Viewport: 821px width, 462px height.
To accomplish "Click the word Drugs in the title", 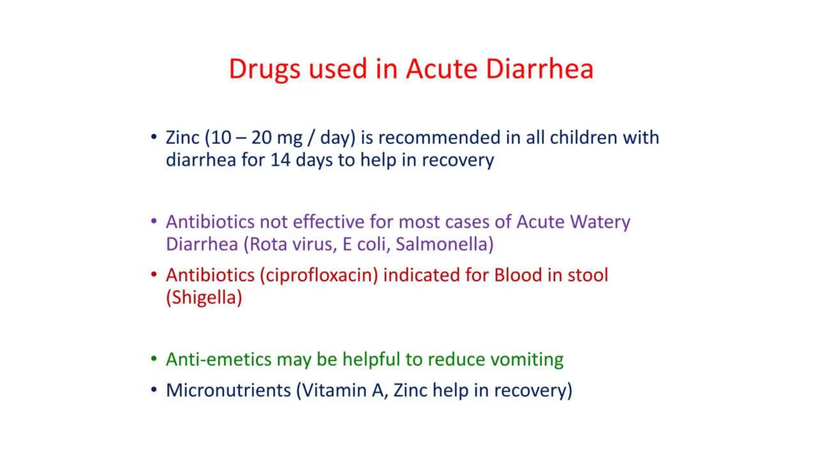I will [264, 69].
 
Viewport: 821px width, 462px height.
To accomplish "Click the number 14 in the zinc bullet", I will [280, 160].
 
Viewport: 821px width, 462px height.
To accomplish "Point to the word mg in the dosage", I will [289, 138].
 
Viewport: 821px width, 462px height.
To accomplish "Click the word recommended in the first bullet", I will [439, 138].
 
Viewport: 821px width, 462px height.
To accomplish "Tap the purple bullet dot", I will [154, 221].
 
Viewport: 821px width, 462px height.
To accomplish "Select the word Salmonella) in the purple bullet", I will [445, 244].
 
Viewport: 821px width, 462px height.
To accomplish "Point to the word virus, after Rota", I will [315, 244].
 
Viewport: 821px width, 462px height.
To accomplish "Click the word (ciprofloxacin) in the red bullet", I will [319, 276].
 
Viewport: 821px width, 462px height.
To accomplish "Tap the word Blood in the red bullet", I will [518, 275].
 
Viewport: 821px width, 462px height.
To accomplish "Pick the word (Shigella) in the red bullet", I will [204, 298].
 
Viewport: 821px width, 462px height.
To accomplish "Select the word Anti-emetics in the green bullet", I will [218, 359].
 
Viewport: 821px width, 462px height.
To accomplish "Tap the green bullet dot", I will [154, 359].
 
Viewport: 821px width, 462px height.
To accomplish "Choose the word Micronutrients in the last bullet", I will [229, 390].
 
